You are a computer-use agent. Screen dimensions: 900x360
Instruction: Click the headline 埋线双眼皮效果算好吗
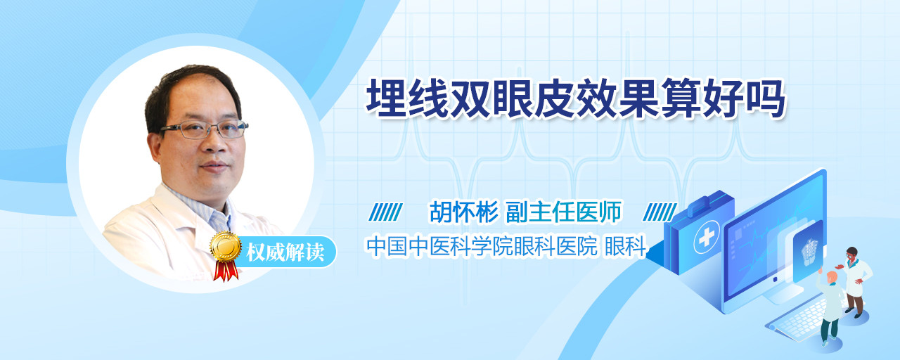pyautogui.click(x=575, y=98)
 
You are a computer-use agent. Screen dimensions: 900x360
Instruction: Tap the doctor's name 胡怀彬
pyautogui.click(x=464, y=212)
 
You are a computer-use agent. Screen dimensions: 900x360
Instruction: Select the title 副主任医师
pyautogui.click(x=563, y=212)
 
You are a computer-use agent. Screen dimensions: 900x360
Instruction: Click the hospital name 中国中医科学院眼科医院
pyautogui.click(x=482, y=246)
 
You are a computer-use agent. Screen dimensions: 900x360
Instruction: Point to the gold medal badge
pyautogui.click(x=226, y=246)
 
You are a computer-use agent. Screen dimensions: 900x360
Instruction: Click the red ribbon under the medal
pyautogui.click(x=226, y=271)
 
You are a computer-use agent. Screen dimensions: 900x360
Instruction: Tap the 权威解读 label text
pyautogui.click(x=285, y=252)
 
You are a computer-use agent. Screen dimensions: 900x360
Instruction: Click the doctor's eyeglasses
pyautogui.click(x=205, y=129)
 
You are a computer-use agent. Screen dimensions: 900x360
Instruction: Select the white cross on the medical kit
pyautogui.click(x=706, y=237)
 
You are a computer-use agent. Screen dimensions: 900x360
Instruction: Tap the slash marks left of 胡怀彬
pyautogui.click(x=385, y=212)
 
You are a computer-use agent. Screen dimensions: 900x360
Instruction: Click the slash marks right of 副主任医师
pyautogui.click(x=660, y=212)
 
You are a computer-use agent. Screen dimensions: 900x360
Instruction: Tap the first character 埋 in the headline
pyautogui.click(x=387, y=98)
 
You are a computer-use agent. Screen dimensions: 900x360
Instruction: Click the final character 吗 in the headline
pyautogui.click(x=765, y=98)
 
